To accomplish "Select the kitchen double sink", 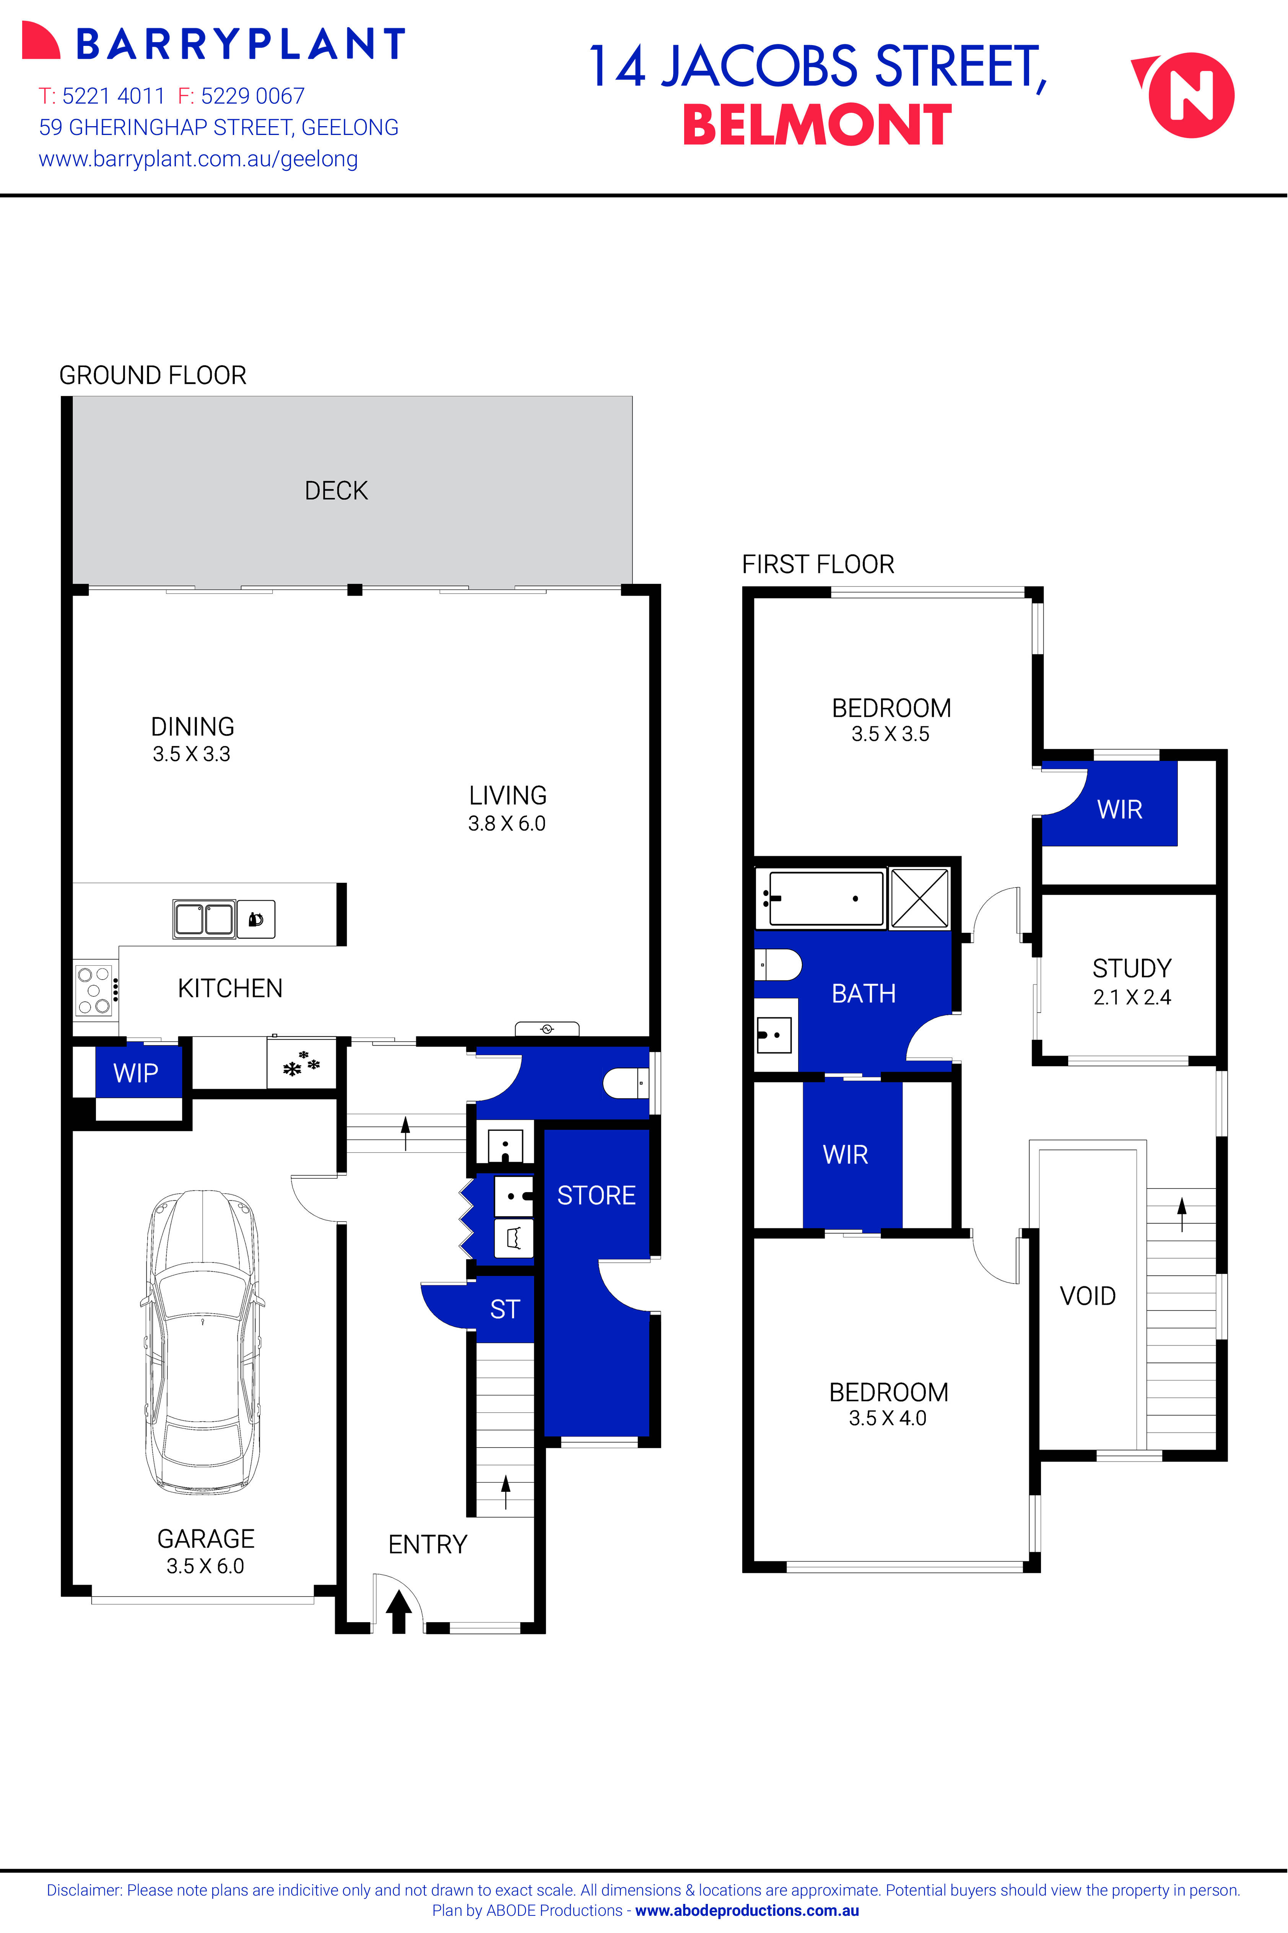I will point(204,919).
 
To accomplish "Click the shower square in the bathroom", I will point(919,898).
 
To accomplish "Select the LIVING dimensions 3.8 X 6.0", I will point(507,824).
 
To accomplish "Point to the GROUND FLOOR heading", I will point(153,375).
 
